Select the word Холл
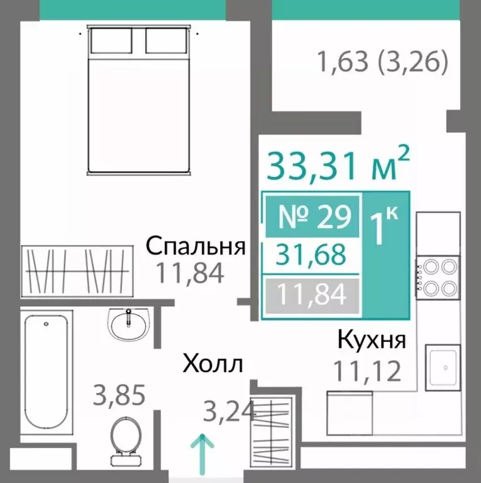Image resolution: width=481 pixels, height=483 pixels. click(x=213, y=364)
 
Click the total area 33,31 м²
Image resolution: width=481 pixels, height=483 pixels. click(x=339, y=166)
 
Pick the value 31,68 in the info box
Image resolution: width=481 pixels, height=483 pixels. click(x=312, y=255)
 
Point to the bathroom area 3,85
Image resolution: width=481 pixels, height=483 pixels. click(x=119, y=396)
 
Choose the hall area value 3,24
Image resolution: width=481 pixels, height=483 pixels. click(x=229, y=412)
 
